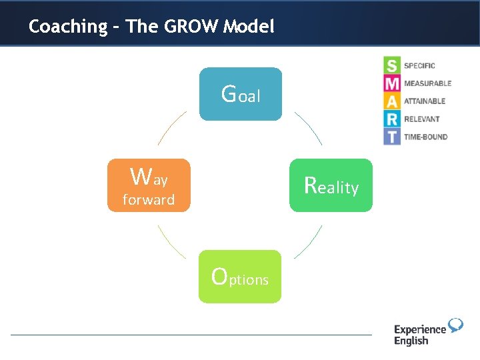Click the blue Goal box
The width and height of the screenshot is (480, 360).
[x=241, y=94]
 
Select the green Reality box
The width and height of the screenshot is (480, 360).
[x=331, y=185]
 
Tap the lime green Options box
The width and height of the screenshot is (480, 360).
[x=240, y=277]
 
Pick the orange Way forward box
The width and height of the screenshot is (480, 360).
[x=149, y=185]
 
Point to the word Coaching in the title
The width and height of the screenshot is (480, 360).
[x=68, y=27]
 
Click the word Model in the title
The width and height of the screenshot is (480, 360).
[x=249, y=27]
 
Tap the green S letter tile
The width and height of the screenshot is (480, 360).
[x=392, y=65]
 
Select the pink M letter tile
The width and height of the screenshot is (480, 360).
[x=392, y=83]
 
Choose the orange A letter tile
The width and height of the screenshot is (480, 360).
[x=392, y=101]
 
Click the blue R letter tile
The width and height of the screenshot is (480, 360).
[x=392, y=119]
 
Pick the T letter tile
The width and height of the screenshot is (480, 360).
[x=392, y=137]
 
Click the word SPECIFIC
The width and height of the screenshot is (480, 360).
[x=419, y=65]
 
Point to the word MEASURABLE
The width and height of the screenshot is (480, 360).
[x=427, y=83]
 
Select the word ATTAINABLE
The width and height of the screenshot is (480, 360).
[x=425, y=101]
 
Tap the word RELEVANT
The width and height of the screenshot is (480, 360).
[x=421, y=119]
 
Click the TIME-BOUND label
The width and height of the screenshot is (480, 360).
[x=425, y=137]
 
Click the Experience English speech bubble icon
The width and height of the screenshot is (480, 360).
[x=455, y=325]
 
